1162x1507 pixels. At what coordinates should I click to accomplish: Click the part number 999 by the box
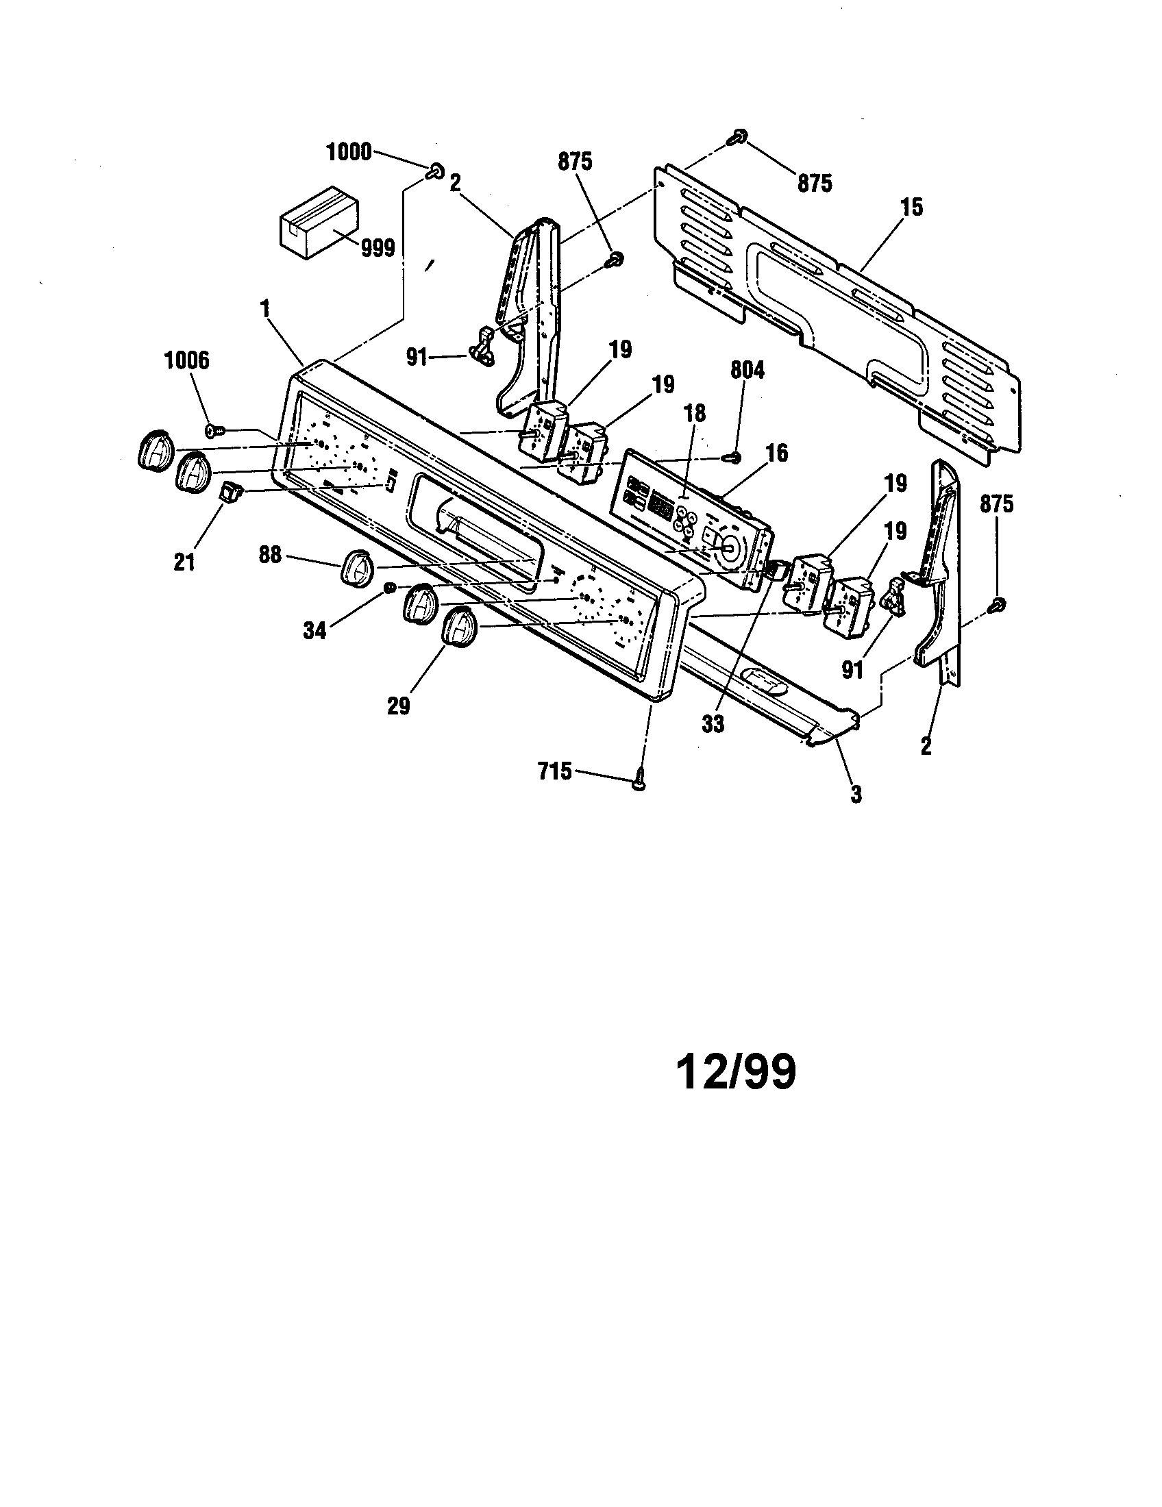tap(378, 247)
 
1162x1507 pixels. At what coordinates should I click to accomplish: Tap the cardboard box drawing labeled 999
tap(319, 222)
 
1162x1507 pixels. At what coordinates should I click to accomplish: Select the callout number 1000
tap(349, 153)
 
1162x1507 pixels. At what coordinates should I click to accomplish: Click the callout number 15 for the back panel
tap(912, 207)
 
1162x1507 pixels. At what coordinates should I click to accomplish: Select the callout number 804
tap(747, 371)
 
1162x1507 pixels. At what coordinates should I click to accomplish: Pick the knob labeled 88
tap(358, 567)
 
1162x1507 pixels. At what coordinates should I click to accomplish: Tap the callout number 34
tap(314, 630)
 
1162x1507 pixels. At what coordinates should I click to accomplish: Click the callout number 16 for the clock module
tap(777, 453)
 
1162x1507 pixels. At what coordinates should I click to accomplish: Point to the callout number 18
tap(695, 413)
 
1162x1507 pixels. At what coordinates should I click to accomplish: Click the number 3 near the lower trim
tap(855, 794)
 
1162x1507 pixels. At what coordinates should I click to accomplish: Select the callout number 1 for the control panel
tap(264, 309)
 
